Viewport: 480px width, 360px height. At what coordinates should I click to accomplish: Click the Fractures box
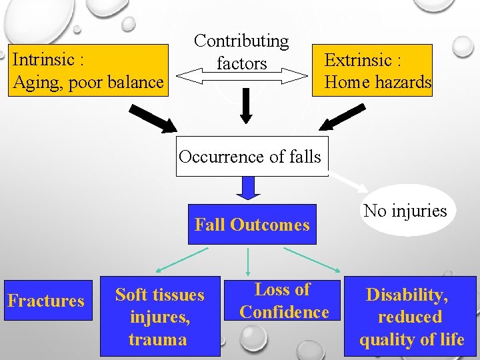(46, 301)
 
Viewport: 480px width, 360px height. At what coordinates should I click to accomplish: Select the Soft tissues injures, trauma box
(160, 317)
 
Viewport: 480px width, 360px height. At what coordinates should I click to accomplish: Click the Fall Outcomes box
(252, 225)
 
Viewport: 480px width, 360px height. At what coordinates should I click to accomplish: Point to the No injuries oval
(405, 211)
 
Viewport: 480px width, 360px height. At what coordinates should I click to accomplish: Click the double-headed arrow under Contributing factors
(243, 77)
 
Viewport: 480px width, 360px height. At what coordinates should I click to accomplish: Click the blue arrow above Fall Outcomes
(249, 189)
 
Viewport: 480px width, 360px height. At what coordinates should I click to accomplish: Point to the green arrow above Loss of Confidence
(248, 261)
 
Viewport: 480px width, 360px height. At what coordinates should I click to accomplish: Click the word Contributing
(241, 41)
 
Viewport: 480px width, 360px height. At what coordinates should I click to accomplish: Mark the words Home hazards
(378, 83)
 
